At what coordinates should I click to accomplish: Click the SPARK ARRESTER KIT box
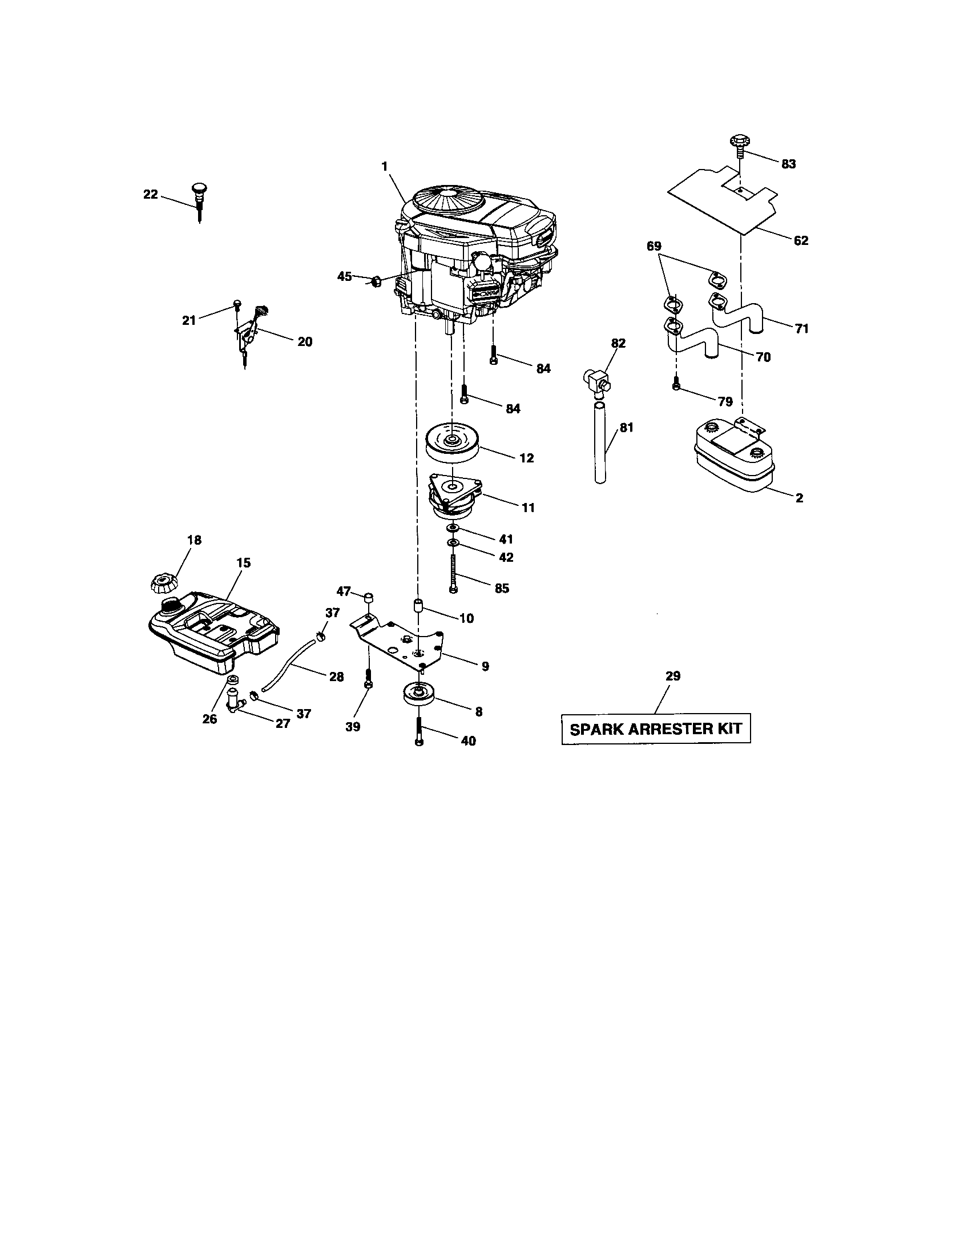click(655, 729)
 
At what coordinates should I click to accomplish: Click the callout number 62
click(800, 241)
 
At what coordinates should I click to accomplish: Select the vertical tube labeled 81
click(600, 445)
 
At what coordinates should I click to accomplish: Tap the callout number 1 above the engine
click(384, 166)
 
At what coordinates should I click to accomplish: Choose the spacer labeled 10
click(418, 606)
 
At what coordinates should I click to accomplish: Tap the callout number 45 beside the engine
click(344, 277)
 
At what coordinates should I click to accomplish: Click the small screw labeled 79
click(676, 383)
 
